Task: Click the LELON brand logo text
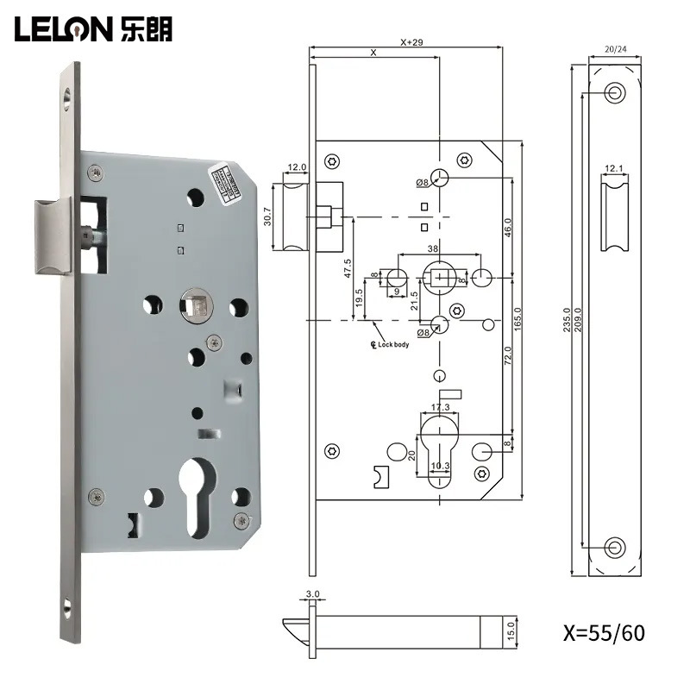pyautogui.click(x=92, y=29)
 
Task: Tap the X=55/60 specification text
pyautogui.click(x=593, y=633)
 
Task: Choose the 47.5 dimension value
pyautogui.click(x=348, y=268)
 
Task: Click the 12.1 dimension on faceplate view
pyautogui.click(x=614, y=168)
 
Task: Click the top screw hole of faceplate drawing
pyautogui.click(x=615, y=92)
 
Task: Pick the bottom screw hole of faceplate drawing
pyautogui.click(x=615, y=546)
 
